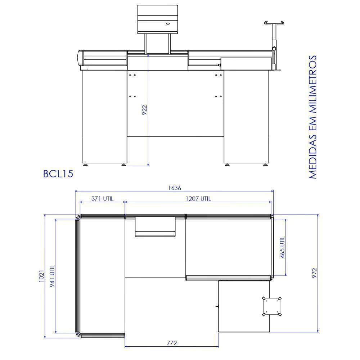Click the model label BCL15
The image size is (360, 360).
(x=58, y=174)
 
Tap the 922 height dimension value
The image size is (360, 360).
(x=144, y=110)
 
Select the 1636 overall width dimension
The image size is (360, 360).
(x=175, y=188)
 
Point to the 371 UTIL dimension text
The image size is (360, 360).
(x=102, y=198)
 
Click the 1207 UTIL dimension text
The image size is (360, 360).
(x=198, y=198)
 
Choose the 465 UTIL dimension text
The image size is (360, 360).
(x=282, y=247)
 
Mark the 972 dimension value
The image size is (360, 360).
(x=314, y=273)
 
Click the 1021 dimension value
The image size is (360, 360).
(x=41, y=276)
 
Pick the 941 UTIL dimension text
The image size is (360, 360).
(x=53, y=276)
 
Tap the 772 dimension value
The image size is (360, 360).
(x=172, y=343)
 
